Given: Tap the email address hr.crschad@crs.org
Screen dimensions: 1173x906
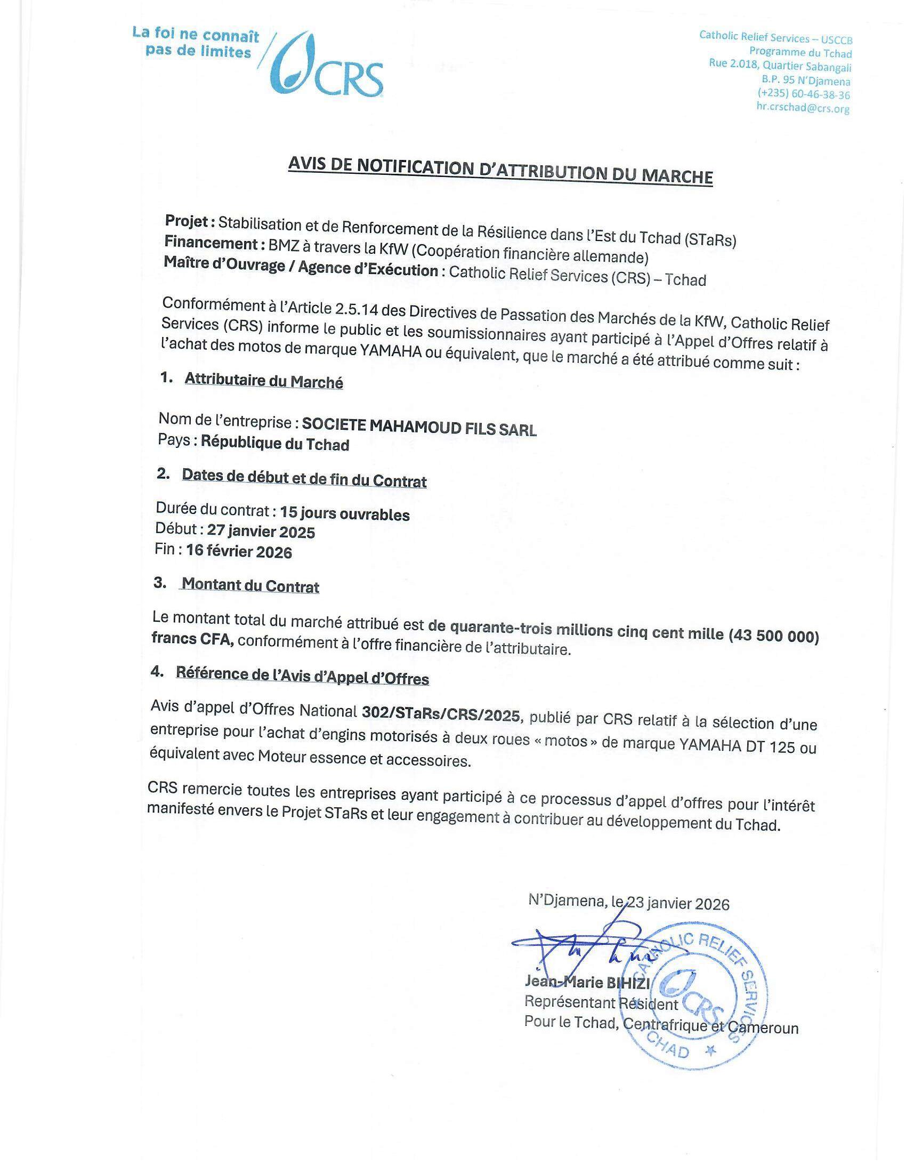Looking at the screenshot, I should click(x=803, y=108).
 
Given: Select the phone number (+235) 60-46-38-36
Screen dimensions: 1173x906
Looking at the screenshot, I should click(x=804, y=94).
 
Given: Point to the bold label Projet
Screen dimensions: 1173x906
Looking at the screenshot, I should click(x=190, y=221).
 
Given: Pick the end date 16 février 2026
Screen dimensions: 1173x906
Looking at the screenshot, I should click(x=239, y=551).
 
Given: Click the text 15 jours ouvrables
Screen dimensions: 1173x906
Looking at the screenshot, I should click(x=345, y=513).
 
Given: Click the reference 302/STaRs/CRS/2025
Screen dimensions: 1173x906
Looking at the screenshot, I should click(x=441, y=714).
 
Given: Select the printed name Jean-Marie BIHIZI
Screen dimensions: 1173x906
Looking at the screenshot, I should click(x=587, y=983).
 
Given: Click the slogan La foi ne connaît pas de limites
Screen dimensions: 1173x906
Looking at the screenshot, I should click(x=196, y=44).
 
